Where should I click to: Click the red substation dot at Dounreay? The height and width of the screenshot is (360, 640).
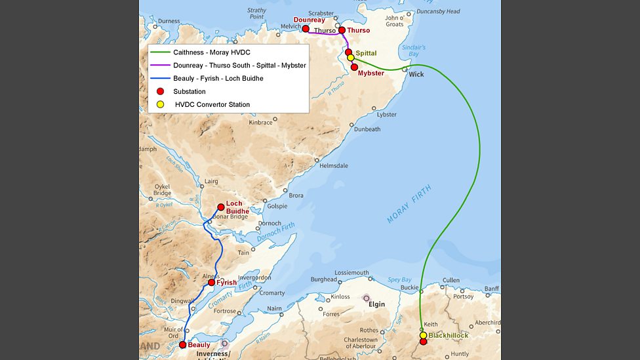click(x=306, y=29)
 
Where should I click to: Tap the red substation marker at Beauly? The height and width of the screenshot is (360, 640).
click(x=183, y=345)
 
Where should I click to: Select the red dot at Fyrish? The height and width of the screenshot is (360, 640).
click(x=211, y=283)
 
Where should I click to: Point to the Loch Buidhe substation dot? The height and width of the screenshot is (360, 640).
click(x=221, y=207)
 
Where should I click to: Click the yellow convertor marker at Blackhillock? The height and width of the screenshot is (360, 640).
click(x=423, y=335)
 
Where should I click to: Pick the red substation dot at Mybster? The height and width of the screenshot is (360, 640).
click(x=354, y=67)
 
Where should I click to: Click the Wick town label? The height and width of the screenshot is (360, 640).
click(x=416, y=74)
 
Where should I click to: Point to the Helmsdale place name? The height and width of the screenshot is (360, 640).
click(x=334, y=166)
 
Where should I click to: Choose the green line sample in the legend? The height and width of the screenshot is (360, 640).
click(x=160, y=52)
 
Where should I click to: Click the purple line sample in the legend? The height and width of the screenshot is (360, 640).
click(x=160, y=65)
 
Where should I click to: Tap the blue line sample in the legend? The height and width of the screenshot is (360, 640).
click(x=160, y=78)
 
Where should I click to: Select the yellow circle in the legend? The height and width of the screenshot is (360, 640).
click(x=160, y=104)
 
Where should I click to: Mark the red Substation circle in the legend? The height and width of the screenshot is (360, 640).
click(x=160, y=91)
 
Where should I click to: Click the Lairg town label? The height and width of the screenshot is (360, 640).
click(x=211, y=181)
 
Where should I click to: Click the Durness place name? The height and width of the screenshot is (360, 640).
click(x=169, y=21)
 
